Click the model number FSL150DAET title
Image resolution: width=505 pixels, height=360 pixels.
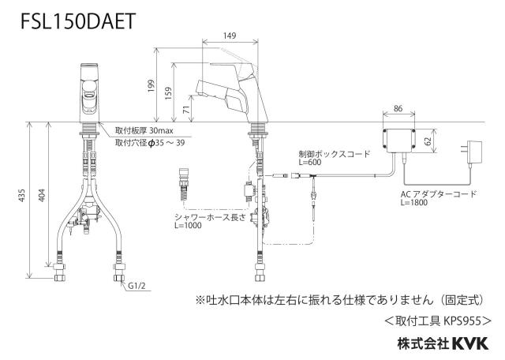point(78,21)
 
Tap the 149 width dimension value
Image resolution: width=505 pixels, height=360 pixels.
point(230,36)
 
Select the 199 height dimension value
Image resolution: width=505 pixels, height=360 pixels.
point(151,86)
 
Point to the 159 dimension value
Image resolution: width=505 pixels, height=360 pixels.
point(168,93)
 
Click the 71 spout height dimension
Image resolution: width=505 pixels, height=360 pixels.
point(186,109)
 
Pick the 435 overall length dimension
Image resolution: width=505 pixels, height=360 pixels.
point(21,195)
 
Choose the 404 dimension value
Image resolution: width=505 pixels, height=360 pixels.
point(42,195)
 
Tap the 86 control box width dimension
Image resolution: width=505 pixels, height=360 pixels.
point(398,108)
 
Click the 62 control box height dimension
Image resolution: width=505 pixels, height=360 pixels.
point(428,141)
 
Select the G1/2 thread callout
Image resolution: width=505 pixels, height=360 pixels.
point(137,286)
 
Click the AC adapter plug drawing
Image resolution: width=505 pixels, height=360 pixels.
point(471,154)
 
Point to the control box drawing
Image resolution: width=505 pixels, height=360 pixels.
point(398,141)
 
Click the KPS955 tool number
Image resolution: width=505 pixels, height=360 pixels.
point(462,321)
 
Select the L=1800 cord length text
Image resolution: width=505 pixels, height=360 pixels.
point(414,202)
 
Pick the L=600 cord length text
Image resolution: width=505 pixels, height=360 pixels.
point(309,162)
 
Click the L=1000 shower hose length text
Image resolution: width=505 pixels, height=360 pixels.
point(188,225)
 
